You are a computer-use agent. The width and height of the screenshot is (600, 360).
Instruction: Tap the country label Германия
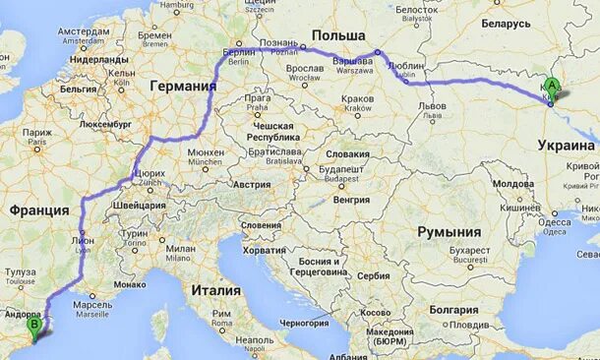tap(183, 87)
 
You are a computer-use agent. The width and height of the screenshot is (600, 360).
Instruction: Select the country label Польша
tap(331, 35)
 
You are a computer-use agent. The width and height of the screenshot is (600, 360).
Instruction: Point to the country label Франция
tap(39, 210)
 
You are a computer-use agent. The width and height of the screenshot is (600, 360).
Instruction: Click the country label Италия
tap(216, 290)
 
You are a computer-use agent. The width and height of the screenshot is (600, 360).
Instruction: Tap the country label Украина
tap(567, 146)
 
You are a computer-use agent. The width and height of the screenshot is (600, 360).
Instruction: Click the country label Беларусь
tap(508, 23)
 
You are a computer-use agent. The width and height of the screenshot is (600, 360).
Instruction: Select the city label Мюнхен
tap(205, 153)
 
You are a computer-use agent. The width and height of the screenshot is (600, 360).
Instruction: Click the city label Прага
tap(259, 98)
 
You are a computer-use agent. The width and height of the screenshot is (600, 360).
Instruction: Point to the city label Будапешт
tap(341, 169)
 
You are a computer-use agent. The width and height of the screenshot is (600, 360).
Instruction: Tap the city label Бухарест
tap(469, 251)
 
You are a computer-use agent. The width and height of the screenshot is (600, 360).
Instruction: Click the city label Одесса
tap(556, 222)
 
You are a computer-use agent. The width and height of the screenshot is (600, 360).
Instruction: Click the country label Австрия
tap(251, 184)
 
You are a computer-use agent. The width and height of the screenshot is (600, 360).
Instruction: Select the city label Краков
tap(358, 98)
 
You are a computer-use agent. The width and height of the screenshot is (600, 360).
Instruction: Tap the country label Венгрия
tap(351, 200)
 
